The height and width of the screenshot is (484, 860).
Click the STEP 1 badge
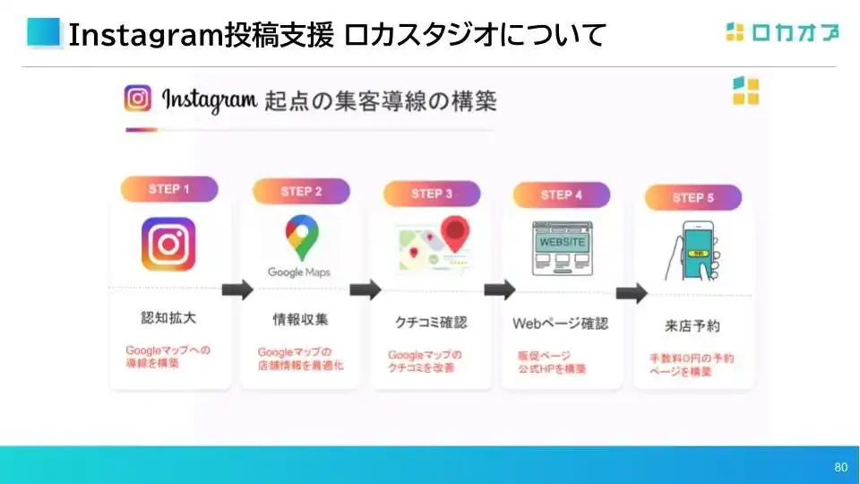pos(169,189)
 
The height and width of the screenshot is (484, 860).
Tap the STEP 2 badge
pos(301,191)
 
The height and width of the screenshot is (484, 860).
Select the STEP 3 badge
pos(432,194)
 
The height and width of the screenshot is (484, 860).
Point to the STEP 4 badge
pos(562,194)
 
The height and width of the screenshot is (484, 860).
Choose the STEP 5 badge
pos(693,197)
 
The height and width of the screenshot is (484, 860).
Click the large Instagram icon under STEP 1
pos(168,244)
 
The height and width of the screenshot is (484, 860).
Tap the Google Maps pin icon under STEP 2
pos(299,238)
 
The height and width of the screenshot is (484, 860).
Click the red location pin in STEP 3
pos(456,235)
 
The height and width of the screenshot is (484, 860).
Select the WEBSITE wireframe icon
pos(561,247)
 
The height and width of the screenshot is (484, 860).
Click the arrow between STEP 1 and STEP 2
pos(236,290)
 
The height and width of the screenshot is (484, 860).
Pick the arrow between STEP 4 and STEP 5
pos(632,293)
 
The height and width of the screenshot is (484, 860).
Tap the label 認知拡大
pos(168,318)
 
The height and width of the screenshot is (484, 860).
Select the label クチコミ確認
pos(431,322)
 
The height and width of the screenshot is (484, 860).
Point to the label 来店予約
pos(693,325)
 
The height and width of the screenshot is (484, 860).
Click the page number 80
pos(840,467)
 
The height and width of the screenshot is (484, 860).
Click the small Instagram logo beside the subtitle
pos(138,98)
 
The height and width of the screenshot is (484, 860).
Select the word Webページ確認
pos(561,323)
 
